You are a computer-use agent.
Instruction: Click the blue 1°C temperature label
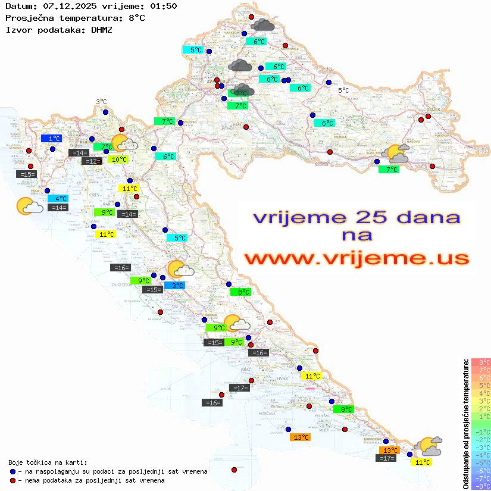click(x=51, y=139)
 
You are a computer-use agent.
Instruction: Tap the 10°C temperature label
click(x=118, y=160)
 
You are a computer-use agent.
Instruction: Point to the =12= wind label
click(x=91, y=161)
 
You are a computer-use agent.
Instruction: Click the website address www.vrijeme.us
click(x=356, y=259)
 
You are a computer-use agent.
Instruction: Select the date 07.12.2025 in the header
click(x=66, y=6)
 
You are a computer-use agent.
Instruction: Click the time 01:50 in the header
click(x=162, y=6)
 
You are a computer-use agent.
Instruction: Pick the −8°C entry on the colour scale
click(x=480, y=486)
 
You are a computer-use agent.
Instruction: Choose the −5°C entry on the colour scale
click(x=480, y=462)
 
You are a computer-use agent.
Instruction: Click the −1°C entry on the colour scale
click(x=480, y=431)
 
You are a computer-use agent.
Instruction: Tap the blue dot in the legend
click(x=13, y=471)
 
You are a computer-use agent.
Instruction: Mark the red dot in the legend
click(x=13, y=480)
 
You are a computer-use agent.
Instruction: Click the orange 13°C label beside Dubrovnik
click(x=390, y=451)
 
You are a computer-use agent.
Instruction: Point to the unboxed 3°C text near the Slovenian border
click(x=101, y=102)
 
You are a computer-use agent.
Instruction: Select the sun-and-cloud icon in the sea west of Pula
click(x=29, y=205)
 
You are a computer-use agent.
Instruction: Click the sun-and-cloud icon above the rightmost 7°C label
click(x=398, y=154)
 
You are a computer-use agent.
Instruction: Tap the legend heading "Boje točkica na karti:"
click(x=48, y=462)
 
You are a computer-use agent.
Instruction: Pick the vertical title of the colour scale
click(x=465, y=424)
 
